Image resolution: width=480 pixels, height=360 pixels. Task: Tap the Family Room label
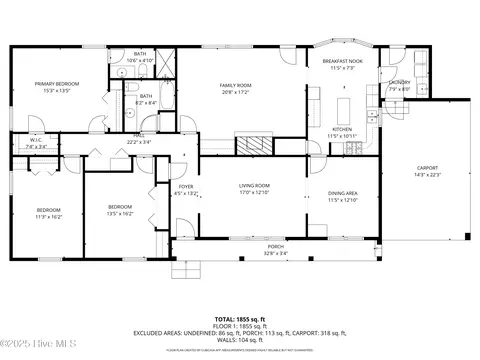click(235, 85)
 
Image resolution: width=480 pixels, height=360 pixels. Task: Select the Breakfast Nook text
click(342, 62)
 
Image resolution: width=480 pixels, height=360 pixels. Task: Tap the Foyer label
click(186, 186)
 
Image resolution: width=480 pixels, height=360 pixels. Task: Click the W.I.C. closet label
click(35, 141)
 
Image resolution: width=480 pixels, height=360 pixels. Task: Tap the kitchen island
click(345, 106)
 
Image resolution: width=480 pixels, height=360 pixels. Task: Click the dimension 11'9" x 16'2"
click(49, 215)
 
